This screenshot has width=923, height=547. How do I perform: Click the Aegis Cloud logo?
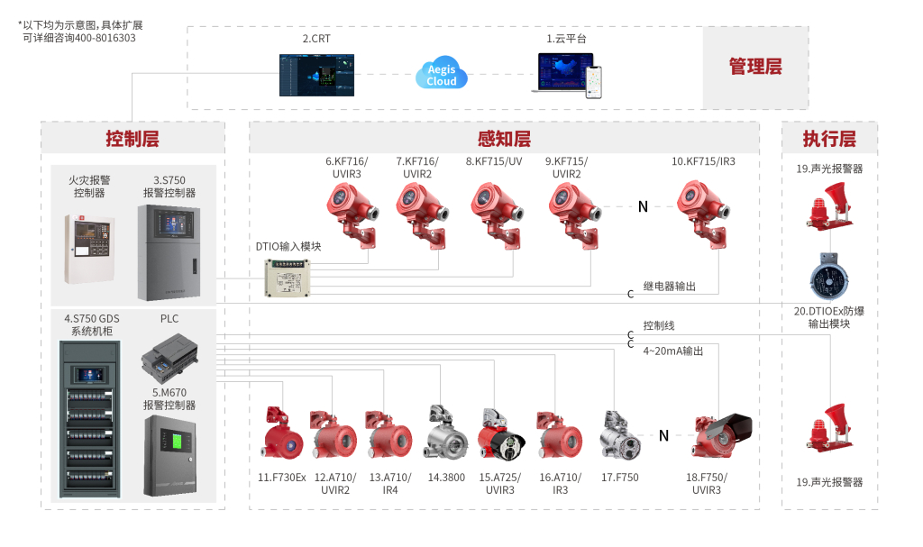(442, 74)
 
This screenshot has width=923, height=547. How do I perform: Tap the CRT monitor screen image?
(316, 76)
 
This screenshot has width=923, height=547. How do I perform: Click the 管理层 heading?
(755, 67)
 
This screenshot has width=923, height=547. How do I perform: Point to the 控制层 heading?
(133, 139)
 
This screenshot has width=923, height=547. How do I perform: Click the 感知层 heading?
(504, 139)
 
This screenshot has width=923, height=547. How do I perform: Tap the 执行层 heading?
(829, 139)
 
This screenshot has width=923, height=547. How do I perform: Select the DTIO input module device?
(288, 278)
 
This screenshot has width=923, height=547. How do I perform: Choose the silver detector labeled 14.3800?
(446, 436)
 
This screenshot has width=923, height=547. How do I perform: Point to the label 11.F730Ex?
(282, 478)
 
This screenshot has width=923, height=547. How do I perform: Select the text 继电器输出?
(669, 287)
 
